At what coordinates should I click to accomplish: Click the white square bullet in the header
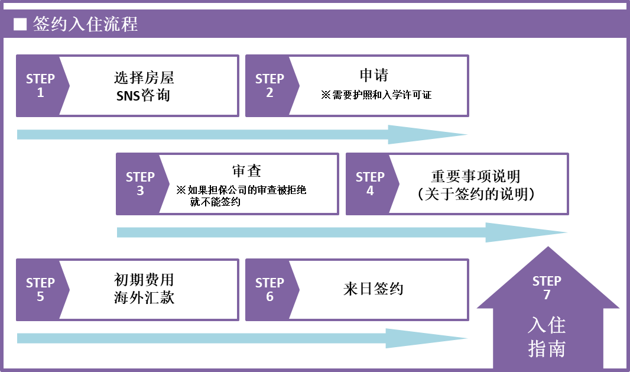point(20,24)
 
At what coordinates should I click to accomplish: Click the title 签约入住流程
point(85,24)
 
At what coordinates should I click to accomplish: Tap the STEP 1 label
point(40,85)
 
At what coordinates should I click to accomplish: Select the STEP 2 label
point(269,85)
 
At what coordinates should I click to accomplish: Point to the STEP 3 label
point(140,183)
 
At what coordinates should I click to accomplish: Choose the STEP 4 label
point(370,183)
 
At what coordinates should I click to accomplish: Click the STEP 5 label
point(40,289)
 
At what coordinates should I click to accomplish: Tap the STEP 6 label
point(269,289)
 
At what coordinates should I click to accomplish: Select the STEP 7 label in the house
point(547,287)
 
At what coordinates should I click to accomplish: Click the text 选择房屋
point(144,77)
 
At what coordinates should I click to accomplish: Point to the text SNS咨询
point(144,95)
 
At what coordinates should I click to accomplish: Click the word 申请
point(374,75)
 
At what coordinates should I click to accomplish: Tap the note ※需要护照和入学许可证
point(376,95)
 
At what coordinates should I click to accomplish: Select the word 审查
point(246,171)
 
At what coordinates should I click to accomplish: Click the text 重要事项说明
point(476,176)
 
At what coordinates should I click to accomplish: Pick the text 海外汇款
point(144,298)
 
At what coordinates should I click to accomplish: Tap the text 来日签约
point(374,289)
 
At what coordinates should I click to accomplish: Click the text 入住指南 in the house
point(547,337)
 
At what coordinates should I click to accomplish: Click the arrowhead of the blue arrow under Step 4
point(527,232)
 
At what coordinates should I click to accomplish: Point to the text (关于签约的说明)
point(476,194)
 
